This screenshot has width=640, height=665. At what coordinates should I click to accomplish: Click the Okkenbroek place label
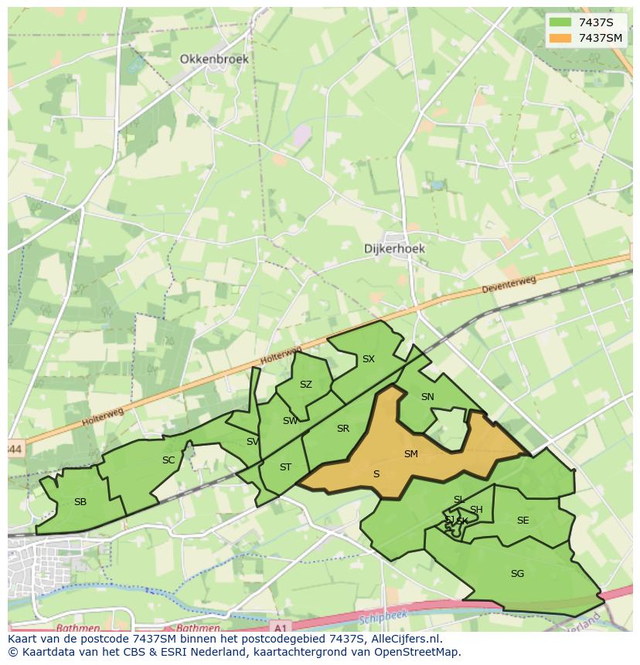[214, 59]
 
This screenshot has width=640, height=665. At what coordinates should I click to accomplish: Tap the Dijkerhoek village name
[395, 249]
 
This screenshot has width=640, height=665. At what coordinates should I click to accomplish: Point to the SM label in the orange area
[411, 454]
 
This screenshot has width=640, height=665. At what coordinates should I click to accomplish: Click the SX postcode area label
[369, 359]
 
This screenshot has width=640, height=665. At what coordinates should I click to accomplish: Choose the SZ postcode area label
[306, 385]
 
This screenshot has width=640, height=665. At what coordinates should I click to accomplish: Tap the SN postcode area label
[427, 397]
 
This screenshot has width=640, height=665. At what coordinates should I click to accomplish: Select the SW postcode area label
[290, 421]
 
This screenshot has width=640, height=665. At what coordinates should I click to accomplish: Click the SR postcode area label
[343, 429]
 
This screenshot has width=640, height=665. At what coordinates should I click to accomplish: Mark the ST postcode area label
[285, 467]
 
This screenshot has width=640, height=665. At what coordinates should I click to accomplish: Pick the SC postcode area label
[169, 460]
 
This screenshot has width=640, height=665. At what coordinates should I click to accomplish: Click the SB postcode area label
[80, 502]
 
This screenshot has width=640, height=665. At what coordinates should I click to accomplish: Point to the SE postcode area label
[523, 521]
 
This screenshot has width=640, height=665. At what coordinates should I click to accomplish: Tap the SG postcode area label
[518, 574]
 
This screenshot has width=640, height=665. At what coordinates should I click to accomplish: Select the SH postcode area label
[476, 509]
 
